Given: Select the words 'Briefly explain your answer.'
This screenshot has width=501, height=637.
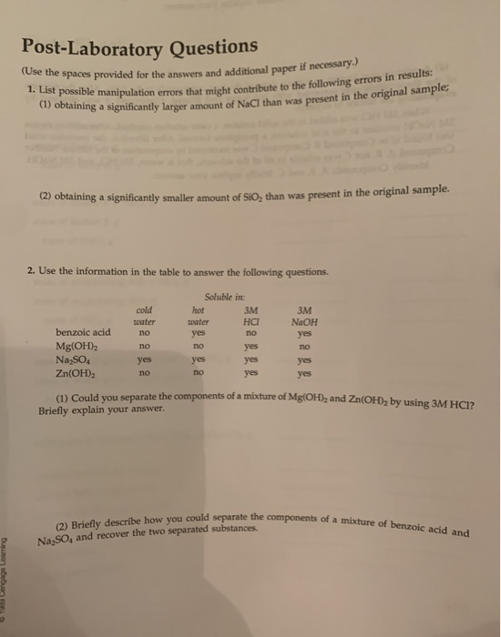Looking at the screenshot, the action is click(102, 409).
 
